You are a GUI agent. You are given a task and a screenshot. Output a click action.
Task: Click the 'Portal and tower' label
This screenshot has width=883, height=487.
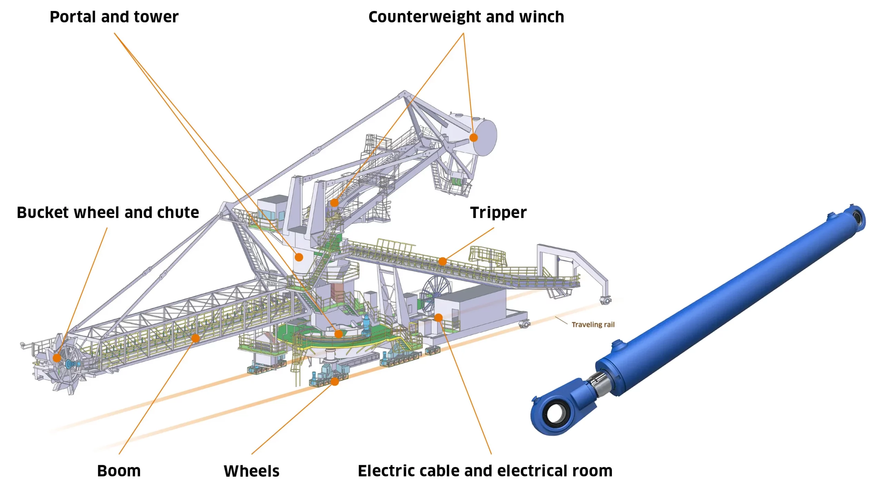114,17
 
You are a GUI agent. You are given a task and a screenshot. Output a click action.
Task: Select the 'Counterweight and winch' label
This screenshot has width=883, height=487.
466,17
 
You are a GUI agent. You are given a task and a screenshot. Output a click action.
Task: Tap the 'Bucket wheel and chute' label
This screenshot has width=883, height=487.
108,212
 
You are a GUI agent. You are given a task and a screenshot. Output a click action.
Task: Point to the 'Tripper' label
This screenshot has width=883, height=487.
498,212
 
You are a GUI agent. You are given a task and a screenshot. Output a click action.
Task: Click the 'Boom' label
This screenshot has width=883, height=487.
119,471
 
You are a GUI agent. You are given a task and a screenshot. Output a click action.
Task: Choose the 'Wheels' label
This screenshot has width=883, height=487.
251,471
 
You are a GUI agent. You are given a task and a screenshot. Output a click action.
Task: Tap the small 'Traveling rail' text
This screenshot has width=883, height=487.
593,325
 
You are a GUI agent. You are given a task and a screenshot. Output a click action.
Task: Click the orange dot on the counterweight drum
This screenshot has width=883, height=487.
474,138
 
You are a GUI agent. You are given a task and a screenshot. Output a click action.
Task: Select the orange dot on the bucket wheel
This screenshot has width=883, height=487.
57,358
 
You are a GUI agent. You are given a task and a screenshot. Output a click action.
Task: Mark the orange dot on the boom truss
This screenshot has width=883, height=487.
196,338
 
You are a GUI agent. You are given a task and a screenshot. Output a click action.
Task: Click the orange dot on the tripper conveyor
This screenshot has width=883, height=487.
443,261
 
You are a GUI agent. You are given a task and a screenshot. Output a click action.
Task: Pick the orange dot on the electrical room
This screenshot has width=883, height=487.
438,318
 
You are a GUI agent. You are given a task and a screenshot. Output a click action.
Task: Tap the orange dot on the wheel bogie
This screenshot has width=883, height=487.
335,381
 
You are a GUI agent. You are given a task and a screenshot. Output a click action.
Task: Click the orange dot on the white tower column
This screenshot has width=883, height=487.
299,257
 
